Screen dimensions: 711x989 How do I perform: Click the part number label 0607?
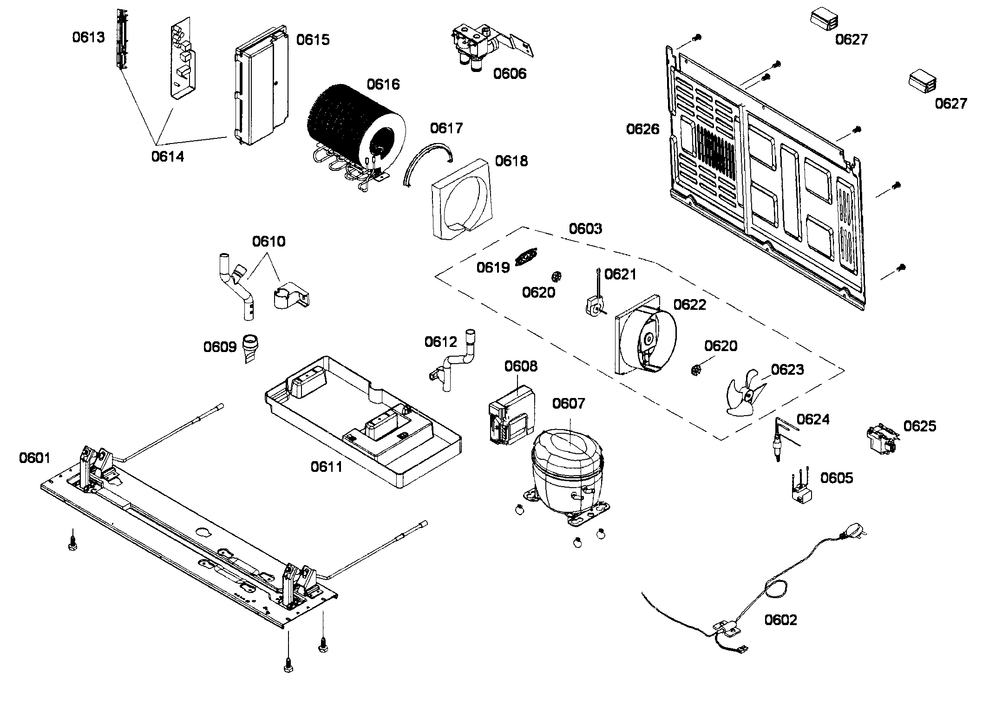(568, 404)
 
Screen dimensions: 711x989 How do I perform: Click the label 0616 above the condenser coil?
(383, 85)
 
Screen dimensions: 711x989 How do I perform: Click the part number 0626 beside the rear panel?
(642, 129)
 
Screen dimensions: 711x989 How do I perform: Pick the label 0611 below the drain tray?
(326, 467)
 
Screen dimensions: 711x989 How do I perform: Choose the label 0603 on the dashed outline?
(585, 228)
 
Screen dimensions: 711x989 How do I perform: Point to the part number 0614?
(167, 157)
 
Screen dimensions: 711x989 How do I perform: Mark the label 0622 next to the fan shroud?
(689, 305)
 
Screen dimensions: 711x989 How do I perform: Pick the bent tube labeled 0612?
(458, 362)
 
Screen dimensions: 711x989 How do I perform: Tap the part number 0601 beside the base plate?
(34, 458)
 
